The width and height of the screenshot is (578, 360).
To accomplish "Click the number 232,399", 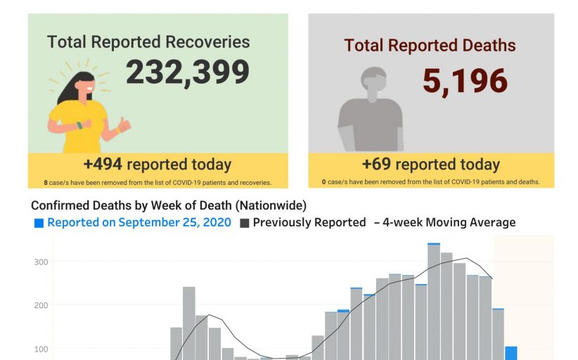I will (x=188, y=72).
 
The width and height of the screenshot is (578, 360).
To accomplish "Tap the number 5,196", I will (x=465, y=81).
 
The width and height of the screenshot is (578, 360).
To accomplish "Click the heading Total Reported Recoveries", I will (x=148, y=41).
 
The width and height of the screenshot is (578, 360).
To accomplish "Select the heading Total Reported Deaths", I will (x=430, y=46).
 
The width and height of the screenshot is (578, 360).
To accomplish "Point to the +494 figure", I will (x=103, y=165).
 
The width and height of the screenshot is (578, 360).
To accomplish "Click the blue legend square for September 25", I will (x=39, y=223).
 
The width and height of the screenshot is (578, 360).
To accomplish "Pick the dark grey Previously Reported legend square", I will (x=245, y=223).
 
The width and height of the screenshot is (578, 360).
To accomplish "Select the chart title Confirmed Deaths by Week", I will (x=169, y=205).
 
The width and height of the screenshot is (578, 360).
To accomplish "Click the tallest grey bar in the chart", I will (x=434, y=302).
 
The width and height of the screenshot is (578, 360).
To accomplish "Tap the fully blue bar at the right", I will (x=511, y=353).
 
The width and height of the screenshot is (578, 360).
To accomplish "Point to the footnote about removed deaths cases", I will (x=431, y=182).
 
